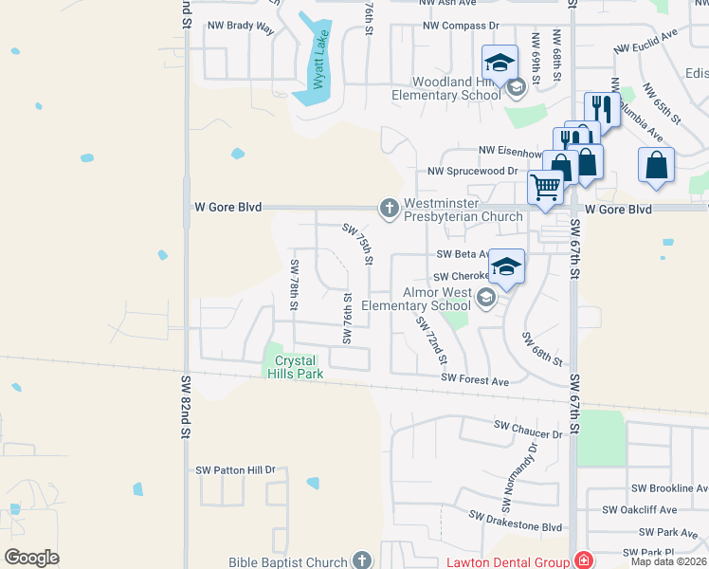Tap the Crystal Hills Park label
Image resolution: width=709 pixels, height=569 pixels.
pos(299,367)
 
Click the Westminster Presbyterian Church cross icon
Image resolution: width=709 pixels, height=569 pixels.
pos(389,208)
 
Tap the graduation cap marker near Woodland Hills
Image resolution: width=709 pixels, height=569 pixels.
pos(500,63)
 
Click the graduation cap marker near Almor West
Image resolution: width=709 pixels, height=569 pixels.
pos(506,266)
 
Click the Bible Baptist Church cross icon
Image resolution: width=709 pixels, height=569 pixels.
pos(360,561)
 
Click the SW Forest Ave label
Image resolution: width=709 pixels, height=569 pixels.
pos(475,380)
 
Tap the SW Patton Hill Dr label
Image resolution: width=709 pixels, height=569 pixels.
pos(235,469)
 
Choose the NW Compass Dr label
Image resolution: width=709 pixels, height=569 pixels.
pos(461,26)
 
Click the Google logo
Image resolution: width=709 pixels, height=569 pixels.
pos(32,557)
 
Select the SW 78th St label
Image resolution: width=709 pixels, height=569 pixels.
pos(295,285)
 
